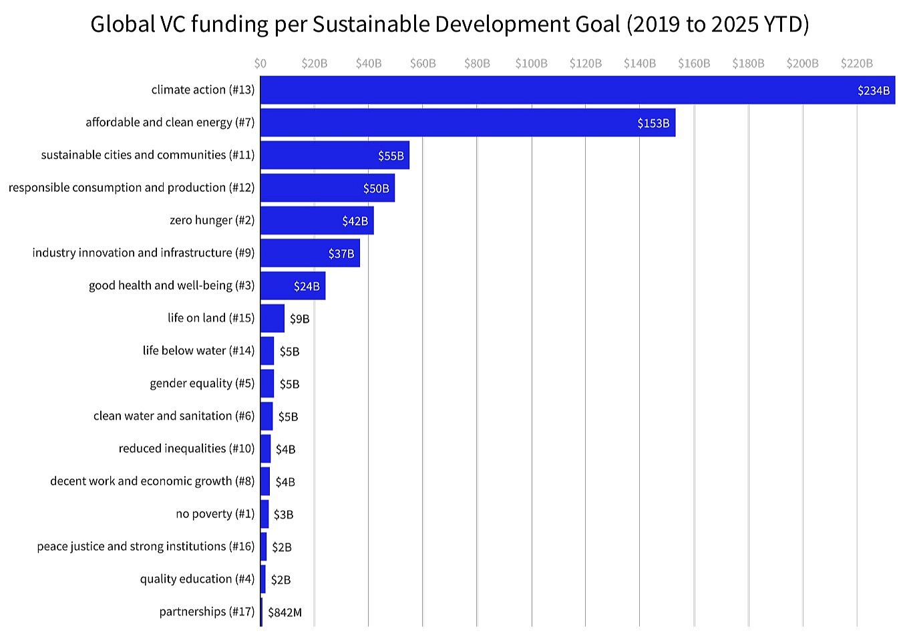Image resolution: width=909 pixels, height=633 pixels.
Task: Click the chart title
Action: [x=449, y=24]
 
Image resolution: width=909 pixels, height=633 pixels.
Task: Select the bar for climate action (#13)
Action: [x=577, y=90]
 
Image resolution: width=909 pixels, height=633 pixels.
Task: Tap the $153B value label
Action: [x=653, y=123]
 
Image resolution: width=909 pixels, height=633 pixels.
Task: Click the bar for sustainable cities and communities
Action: [x=334, y=155]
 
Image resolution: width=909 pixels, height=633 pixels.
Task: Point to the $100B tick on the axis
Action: [x=531, y=64]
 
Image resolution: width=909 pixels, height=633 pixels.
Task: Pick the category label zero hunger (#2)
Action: [x=212, y=220]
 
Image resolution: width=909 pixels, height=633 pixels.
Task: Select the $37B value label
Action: [x=341, y=253]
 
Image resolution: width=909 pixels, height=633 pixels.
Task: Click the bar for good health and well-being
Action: [x=292, y=285]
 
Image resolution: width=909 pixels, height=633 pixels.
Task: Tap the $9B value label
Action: [x=299, y=319]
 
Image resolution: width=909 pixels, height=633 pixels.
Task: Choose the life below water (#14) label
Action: [x=198, y=350]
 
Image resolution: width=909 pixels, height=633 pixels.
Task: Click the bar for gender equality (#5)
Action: [x=267, y=384]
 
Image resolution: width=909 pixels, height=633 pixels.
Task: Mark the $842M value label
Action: [x=285, y=612]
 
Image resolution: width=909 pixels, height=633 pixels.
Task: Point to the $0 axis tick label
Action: [x=260, y=64]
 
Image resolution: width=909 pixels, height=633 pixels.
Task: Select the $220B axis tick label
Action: [x=856, y=64]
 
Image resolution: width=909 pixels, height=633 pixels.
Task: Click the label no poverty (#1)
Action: [x=215, y=513]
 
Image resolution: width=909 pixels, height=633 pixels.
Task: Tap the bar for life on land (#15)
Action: [x=272, y=318]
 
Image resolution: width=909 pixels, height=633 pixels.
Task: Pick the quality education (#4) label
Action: [x=197, y=579]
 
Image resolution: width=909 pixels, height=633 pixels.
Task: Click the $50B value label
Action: [x=375, y=188]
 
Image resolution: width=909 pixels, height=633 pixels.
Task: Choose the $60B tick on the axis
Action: [x=423, y=64]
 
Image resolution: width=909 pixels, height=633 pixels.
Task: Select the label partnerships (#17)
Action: [x=206, y=612]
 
